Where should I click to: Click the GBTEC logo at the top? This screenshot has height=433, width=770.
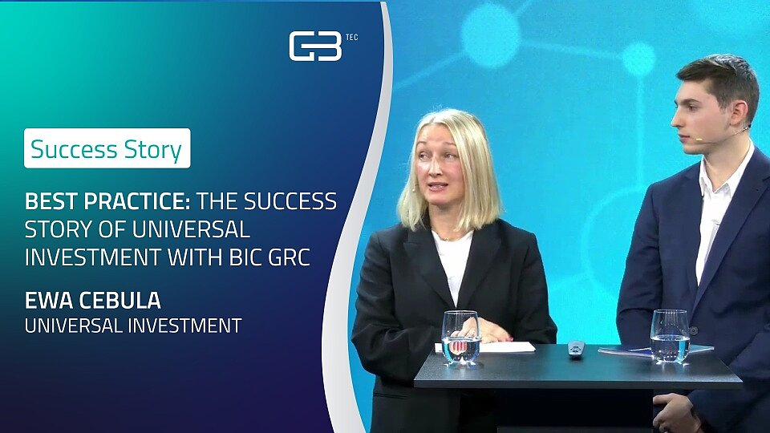[323, 46]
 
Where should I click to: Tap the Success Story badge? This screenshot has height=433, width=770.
[107, 148]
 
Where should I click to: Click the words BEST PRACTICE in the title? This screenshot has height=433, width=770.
[107, 201]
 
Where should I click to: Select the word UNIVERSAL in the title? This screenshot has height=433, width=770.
[192, 230]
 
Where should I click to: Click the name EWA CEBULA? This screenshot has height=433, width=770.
[93, 301]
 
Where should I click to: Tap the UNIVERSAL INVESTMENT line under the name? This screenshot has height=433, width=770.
[133, 326]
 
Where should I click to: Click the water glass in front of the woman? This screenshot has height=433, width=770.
[460, 338]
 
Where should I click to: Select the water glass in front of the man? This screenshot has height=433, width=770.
[670, 336]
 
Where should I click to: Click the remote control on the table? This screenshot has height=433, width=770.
[576, 349]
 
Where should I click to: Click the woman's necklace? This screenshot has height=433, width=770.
[448, 237]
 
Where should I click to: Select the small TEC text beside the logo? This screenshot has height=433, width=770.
[351, 38]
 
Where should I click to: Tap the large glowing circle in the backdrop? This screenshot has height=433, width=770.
[491, 35]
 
